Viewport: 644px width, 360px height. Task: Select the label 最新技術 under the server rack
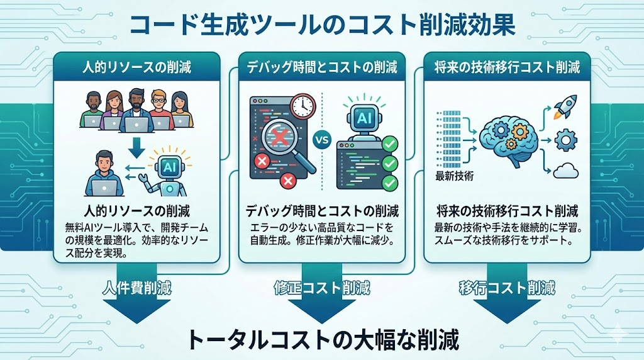453,176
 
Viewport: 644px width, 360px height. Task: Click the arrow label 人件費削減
136,289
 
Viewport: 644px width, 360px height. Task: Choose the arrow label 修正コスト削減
322,289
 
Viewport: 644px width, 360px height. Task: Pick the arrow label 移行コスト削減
507,289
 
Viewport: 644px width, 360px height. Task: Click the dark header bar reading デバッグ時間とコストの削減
322,67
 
